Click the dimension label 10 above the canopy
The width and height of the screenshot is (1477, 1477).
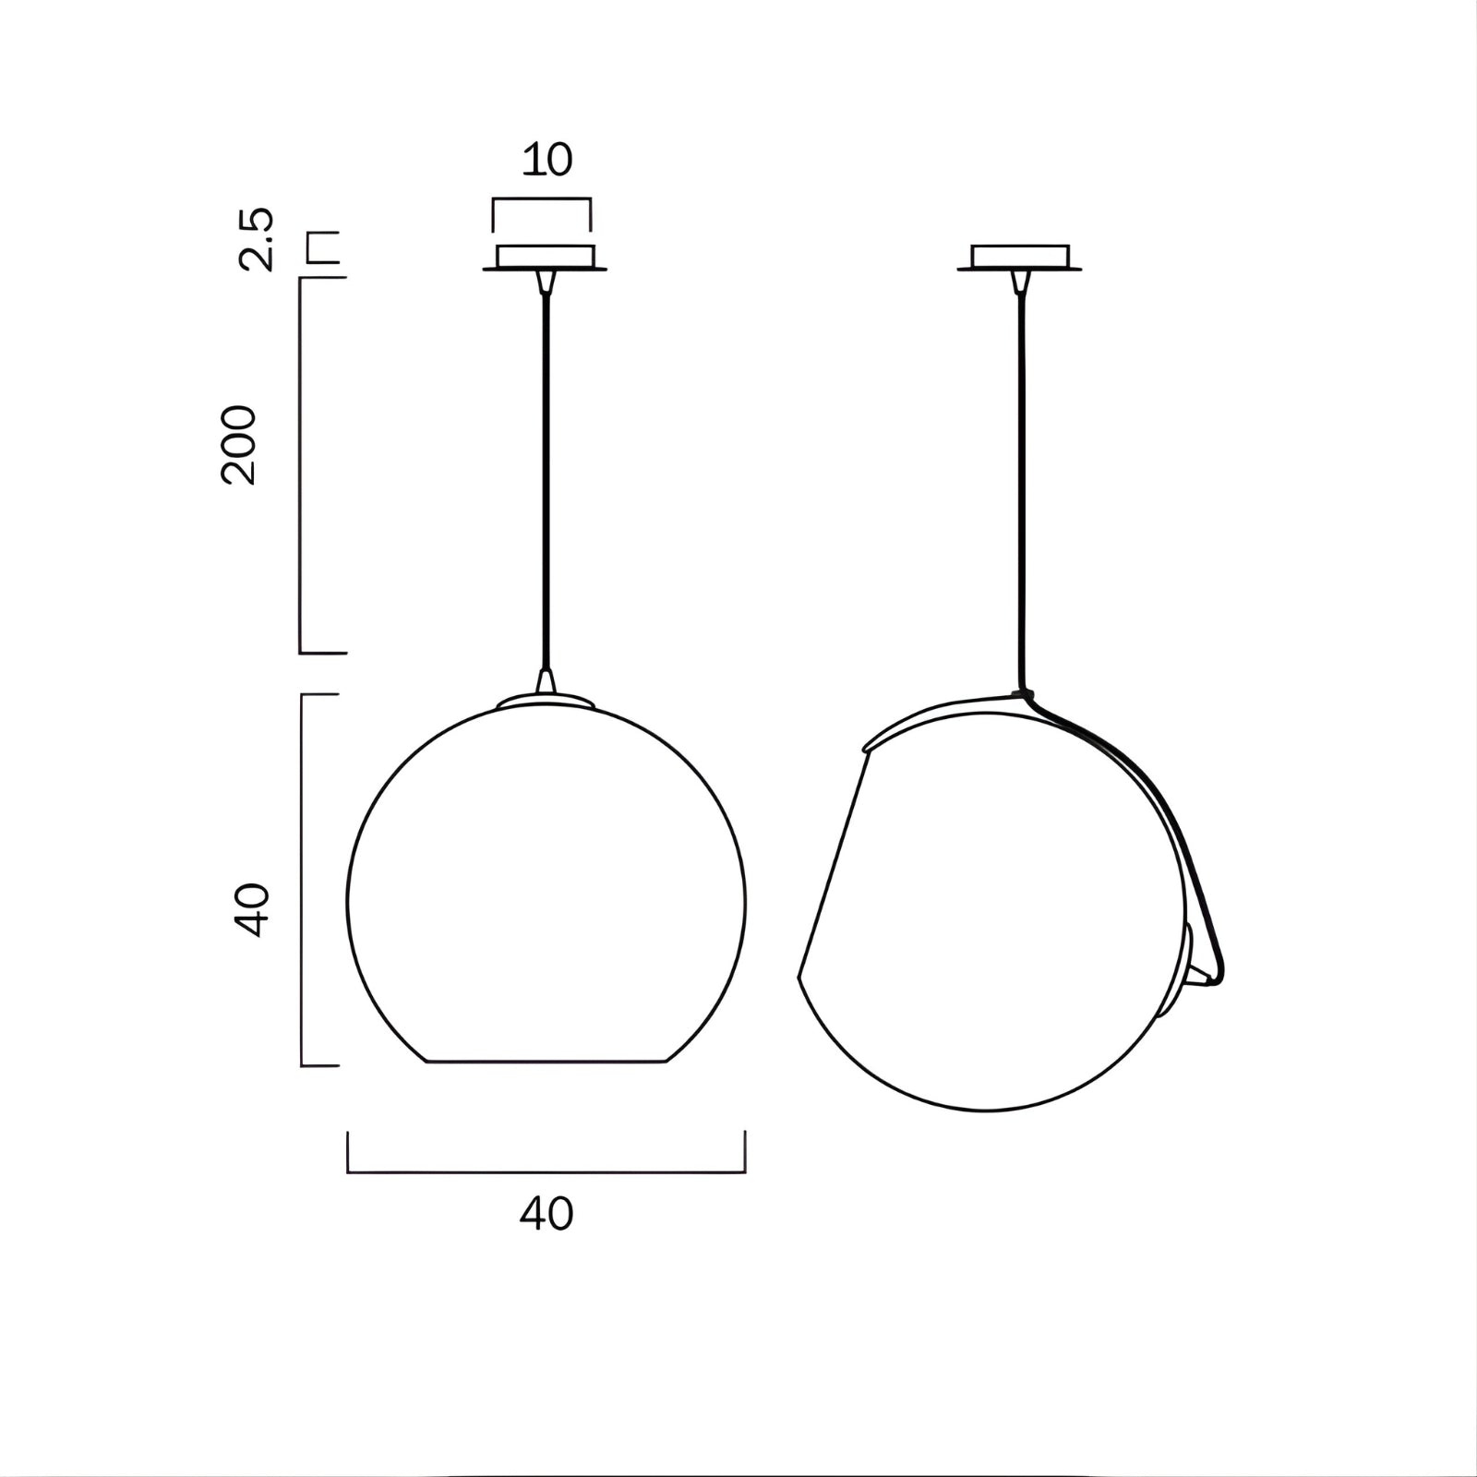point(547,160)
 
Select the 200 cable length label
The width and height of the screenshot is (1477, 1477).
point(238,444)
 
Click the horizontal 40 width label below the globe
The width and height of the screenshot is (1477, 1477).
point(546,1213)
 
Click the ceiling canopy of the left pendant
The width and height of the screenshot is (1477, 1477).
point(546,257)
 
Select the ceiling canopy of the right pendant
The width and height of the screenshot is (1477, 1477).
point(1020,257)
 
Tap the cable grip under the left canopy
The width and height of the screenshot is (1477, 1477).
point(546,280)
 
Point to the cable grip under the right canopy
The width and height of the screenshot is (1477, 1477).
point(1020,280)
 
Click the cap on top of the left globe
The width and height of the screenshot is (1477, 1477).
point(546,701)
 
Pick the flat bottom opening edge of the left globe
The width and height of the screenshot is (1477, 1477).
point(546,1062)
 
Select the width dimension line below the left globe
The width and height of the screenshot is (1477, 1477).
point(546,1172)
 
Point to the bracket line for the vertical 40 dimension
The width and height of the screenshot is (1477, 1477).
point(304,880)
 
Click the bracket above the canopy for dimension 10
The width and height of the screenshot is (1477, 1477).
point(542,199)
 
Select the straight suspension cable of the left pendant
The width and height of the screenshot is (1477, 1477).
point(546,480)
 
